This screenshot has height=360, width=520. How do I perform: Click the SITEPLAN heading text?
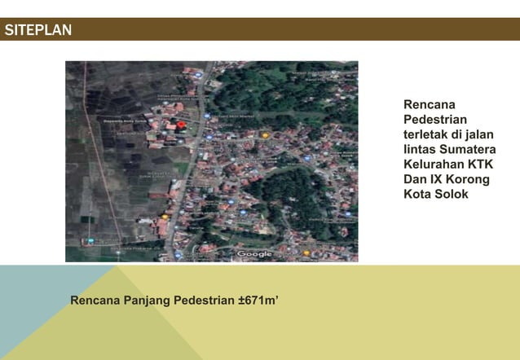click(x=37, y=31)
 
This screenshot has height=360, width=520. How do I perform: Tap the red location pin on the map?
click(x=181, y=125)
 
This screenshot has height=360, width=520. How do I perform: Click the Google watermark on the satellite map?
click(x=254, y=254)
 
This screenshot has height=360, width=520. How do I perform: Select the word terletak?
click(x=428, y=134)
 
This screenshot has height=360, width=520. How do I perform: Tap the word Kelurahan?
click(x=434, y=165)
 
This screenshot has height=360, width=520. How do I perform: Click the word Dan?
click(x=416, y=179)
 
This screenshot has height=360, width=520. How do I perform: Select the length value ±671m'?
click(x=258, y=300)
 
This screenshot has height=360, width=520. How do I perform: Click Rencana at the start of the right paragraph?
click(x=429, y=105)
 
